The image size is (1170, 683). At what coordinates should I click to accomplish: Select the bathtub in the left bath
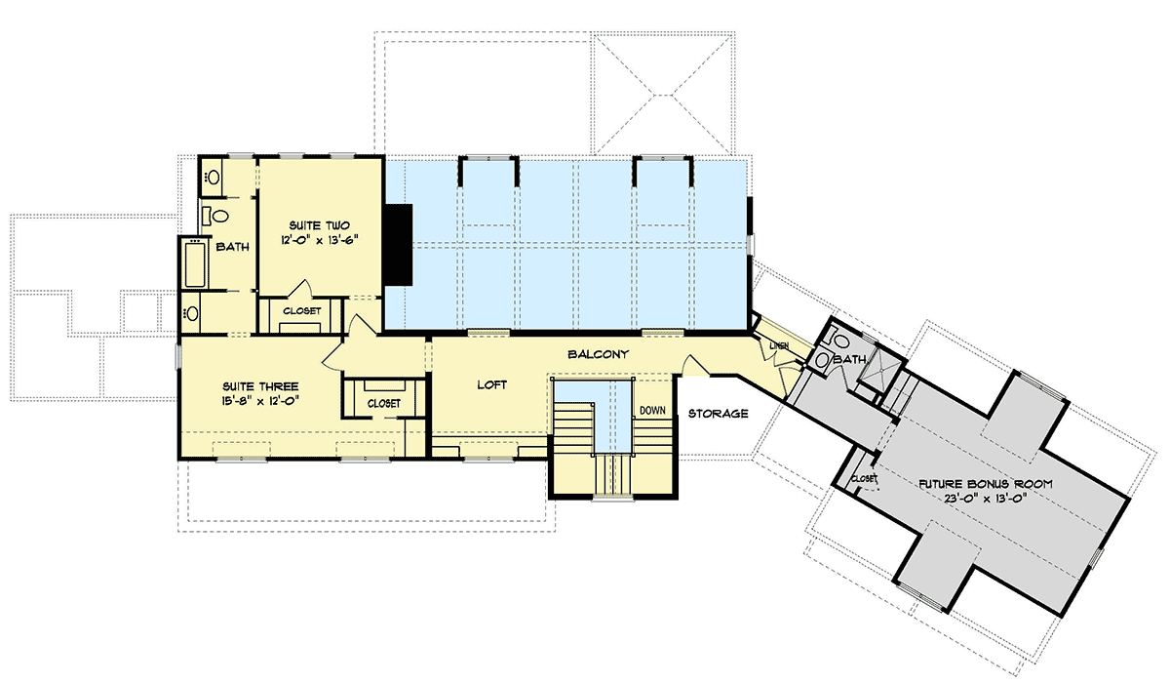(192, 263)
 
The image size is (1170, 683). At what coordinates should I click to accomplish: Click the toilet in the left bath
(216, 215)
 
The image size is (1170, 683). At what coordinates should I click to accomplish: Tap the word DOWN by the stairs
(652, 410)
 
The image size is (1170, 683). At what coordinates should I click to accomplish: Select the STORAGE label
(718, 414)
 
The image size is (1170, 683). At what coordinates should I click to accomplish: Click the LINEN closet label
(778, 346)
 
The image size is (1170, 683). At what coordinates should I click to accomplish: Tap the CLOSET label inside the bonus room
(864, 479)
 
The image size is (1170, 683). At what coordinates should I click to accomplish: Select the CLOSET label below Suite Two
(301, 311)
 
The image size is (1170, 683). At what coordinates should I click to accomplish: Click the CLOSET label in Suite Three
(383, 402)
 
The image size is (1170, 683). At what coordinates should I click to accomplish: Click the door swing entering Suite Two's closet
(302, 290)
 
